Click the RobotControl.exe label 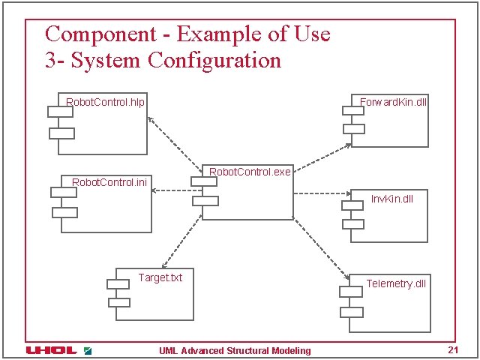250,172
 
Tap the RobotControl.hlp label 106,101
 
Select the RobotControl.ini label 109,181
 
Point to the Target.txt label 160,277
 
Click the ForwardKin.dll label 394,101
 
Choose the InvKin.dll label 392,199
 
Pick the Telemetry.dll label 396,283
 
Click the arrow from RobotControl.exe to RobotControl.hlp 175,141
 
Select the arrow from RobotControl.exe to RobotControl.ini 177,190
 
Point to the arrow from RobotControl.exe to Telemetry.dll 319,247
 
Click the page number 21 452,350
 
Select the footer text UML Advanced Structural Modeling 235,351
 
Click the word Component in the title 97,34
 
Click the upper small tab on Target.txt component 118,284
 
